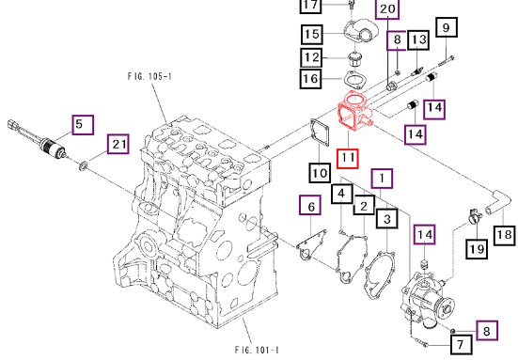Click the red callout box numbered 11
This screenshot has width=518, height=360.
pyautogui.click(x=347, y=159)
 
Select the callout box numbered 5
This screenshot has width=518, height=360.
pyautogui.click(x=83, y=125)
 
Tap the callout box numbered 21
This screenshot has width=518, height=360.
pyautogui.click(x=118, y=144)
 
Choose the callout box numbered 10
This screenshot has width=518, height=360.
pyautogui.click(x=320, y=173)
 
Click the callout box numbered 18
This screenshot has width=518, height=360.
pyautogui.click(x=505, y=236)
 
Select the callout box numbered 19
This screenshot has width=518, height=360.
pyautogui.click(x=477, y=249)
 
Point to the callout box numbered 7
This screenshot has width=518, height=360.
pyautogui.click(x=462, y=344)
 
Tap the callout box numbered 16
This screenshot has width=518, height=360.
pyautogui.click(x=311, y=79)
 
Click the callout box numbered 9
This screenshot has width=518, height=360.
pyautogui.click(x=447, y=27)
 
